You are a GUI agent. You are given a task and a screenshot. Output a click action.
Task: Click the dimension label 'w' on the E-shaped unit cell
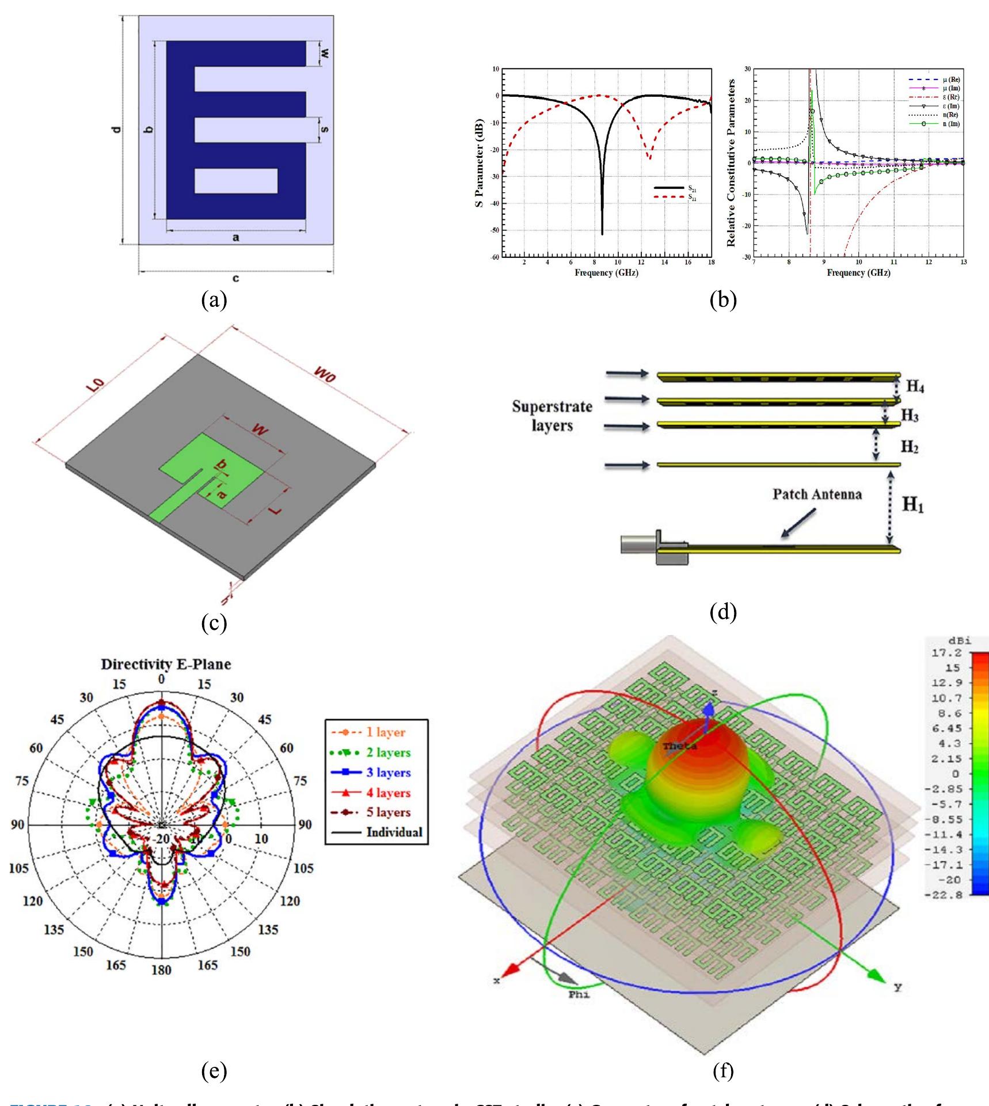(324, 54)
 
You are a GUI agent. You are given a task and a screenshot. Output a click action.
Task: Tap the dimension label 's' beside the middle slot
(324, 130)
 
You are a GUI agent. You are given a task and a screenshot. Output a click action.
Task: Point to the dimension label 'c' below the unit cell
(235, 279)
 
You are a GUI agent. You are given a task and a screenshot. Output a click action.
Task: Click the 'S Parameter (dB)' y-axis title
(480, 163)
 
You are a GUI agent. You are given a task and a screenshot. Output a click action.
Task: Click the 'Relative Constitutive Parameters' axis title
(732, 163)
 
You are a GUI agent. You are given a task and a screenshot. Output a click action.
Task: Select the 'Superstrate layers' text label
(551, 416)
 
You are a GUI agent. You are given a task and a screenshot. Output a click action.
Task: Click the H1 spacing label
(913, 505)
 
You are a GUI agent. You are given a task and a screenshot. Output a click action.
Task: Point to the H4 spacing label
(915, 386)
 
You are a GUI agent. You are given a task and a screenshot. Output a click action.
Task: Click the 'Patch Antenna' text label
(817, 494)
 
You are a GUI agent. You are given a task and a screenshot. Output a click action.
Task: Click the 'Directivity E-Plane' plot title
(166, 664)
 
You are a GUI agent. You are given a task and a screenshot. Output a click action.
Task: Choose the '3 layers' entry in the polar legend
(388, 772)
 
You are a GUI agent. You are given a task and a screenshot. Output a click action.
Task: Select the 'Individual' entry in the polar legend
(394, 832)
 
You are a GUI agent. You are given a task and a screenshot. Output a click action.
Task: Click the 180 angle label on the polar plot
(161, 970)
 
